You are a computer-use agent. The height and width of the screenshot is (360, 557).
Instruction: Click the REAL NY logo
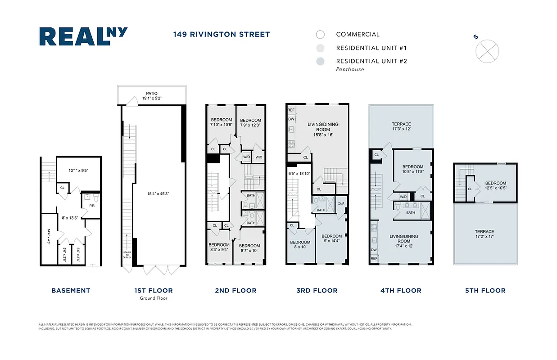pos(83,36)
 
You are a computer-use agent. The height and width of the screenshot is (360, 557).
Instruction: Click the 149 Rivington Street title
pos(222,34)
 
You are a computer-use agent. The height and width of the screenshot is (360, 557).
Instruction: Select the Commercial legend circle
pos(320,35)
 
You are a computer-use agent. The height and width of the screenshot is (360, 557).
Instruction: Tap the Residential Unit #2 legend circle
pos(320,62)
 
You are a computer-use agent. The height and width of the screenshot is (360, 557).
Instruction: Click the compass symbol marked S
pos(487,50)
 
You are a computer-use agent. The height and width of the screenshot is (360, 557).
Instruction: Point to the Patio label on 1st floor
pos(151,95)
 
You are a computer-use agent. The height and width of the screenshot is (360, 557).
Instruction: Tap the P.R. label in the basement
pos(92,206)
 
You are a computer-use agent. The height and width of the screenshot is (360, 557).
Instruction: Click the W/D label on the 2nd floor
pos(247,157)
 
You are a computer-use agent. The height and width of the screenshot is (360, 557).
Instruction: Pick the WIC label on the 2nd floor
pos(259,157)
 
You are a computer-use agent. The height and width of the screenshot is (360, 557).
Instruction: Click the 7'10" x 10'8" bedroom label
pos(221,122)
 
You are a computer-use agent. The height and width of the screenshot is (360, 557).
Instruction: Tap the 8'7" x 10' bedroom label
pos(250,248)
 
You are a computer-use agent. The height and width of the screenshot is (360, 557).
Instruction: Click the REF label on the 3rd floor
pos(291,110)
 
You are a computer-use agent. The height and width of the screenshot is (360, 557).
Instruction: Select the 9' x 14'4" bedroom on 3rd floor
pos(331,238)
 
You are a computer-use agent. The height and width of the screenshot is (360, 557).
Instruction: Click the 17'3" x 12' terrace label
pos(401,126)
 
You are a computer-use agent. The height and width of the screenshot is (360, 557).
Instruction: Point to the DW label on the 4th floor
pos(374,250)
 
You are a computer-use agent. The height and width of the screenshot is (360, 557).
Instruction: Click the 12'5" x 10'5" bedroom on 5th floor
pos(495,185)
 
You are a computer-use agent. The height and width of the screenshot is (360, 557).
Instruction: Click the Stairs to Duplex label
pos(127,254)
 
